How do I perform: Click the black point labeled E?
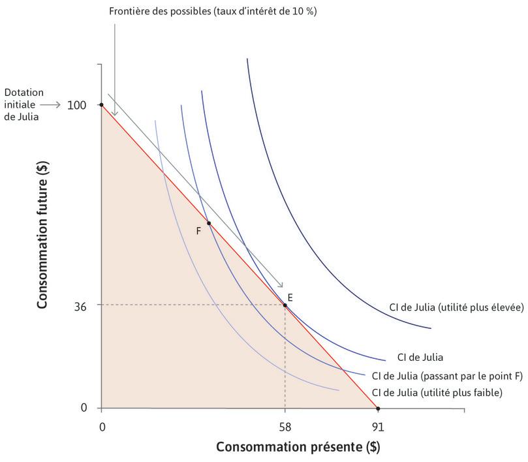(285, 305)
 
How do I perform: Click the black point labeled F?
(209, 223)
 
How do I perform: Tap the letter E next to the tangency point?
(290, 297)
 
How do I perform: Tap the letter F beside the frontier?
(198, 230)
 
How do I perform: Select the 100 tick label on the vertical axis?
(77, 104)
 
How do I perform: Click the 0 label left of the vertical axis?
(84, 408)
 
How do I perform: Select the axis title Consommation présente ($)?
(298, 448)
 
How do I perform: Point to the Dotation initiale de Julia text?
(23, 104)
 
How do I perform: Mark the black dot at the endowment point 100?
(101, 104)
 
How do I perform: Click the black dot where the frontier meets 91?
(378, 408)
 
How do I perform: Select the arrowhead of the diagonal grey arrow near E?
(281, 286)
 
